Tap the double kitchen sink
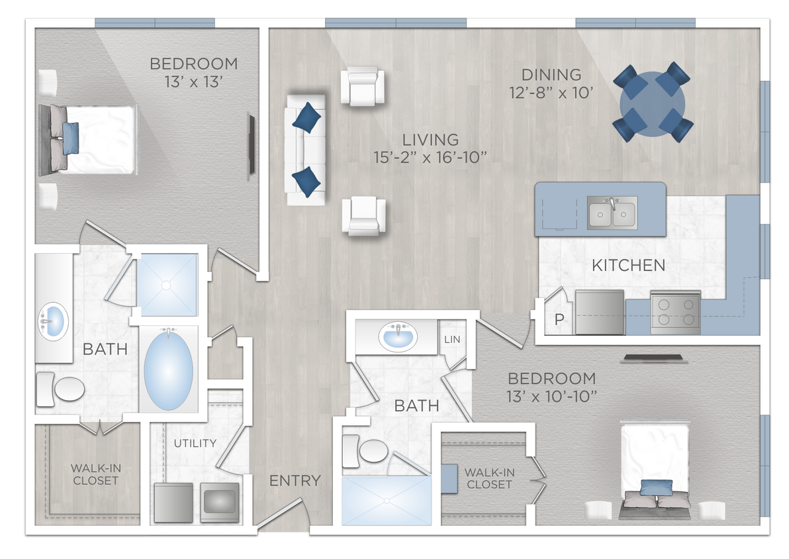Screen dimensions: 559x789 612,213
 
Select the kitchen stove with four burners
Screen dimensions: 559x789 675,312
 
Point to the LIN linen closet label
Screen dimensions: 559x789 451,339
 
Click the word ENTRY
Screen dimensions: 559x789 295,481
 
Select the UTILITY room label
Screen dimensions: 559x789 195,443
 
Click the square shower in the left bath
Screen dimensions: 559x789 167,285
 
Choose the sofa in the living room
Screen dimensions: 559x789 305,149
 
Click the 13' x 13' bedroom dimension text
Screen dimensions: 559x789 193,81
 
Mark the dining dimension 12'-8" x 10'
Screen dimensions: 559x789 551,92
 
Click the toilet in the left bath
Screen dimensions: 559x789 60,389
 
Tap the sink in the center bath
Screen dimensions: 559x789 398,337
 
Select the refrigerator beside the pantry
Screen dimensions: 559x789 599,312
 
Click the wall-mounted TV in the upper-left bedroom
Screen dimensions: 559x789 252,146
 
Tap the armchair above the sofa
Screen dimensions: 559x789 362,86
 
